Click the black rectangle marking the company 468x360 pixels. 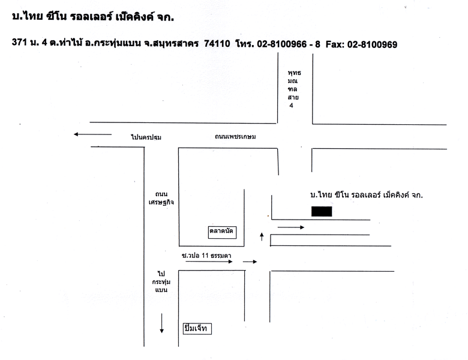(x=322, y=211)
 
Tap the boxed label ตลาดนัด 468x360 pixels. (x=222, y=232)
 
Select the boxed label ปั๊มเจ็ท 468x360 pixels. (x=197, y=329)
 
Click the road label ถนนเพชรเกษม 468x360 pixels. (x=235, y=137)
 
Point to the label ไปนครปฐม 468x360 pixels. (x=146, y=137)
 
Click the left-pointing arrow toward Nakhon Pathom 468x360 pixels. (x=92, y=134)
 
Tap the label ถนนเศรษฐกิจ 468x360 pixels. (x=161, y=198)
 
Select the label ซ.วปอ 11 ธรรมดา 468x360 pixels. (x=206, y=256)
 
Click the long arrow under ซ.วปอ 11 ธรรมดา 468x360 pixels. (x=209, y=262)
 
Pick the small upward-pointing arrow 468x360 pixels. (x=262, y=237)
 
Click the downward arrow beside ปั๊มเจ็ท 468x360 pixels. (x=161, y=323)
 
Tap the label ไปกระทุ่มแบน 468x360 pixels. (x=161, y=282)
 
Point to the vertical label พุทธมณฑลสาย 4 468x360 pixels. (x=294, y=89)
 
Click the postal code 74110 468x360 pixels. (x=217, y=44)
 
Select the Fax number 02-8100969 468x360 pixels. (x=372, y=44)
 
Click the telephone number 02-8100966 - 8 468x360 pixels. (x=289, y=44)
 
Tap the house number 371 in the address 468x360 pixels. (x=19, y=42)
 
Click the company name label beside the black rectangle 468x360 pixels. (x=367, y=195)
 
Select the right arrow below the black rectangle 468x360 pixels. (x=291, y=227)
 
